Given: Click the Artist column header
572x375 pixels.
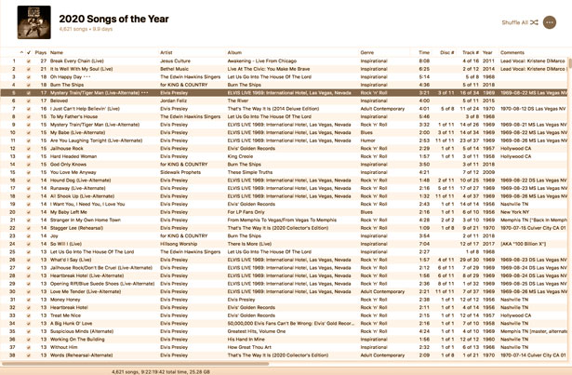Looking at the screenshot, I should (x=167, y=52).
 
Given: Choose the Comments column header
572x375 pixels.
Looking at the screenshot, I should (x=512, y=52).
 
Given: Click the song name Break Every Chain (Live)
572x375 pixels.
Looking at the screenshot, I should (x=78, y=60).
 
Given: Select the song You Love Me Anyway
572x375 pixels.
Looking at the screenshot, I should (x=78, y=172).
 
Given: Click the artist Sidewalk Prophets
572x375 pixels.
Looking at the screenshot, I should (x=181, y=172).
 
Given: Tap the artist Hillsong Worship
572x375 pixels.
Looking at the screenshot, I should (x=180, y=244).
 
